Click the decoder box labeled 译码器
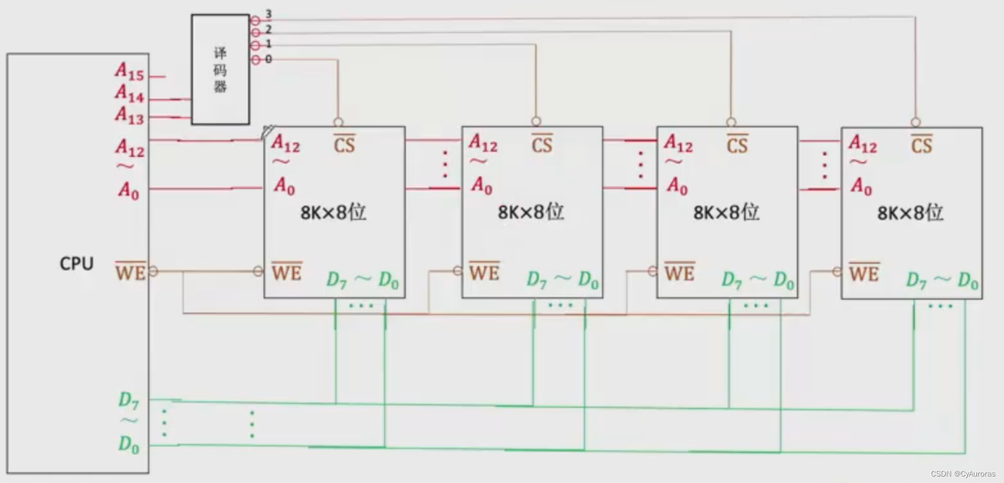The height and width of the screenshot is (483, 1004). tap(220, 70)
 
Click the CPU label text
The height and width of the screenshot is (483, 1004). tap(76, 264)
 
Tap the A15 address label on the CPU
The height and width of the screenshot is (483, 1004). tap(130, 71)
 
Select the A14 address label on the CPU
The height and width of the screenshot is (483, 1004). tap(130, 94)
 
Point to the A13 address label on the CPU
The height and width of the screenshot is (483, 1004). tap(130, 115)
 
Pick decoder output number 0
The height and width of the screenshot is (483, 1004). tap(268, 59)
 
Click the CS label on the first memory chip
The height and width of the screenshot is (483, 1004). tap(344, 145)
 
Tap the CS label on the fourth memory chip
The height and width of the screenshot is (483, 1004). tap(921, 145)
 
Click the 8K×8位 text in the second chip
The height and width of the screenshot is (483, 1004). tap(530, 212)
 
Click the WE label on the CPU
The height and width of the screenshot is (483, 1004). tap(130, 272)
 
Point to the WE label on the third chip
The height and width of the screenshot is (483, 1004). tap(679, 273)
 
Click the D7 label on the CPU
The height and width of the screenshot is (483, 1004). tap(129, 400)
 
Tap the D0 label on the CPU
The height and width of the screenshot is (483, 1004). tap(129, 445)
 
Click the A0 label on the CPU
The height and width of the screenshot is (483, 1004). tap(129, 191)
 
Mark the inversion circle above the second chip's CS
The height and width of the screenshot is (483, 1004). tap(536, 121)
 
